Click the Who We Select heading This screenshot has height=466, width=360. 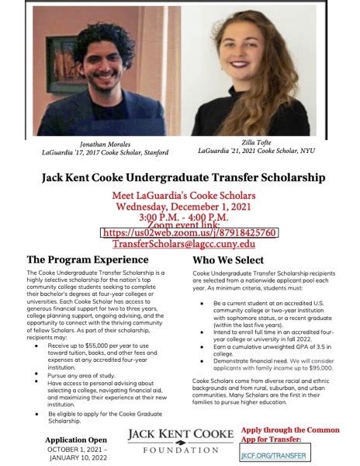click(x=227, y=260)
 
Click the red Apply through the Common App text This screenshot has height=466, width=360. click(x=290, y=433)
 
